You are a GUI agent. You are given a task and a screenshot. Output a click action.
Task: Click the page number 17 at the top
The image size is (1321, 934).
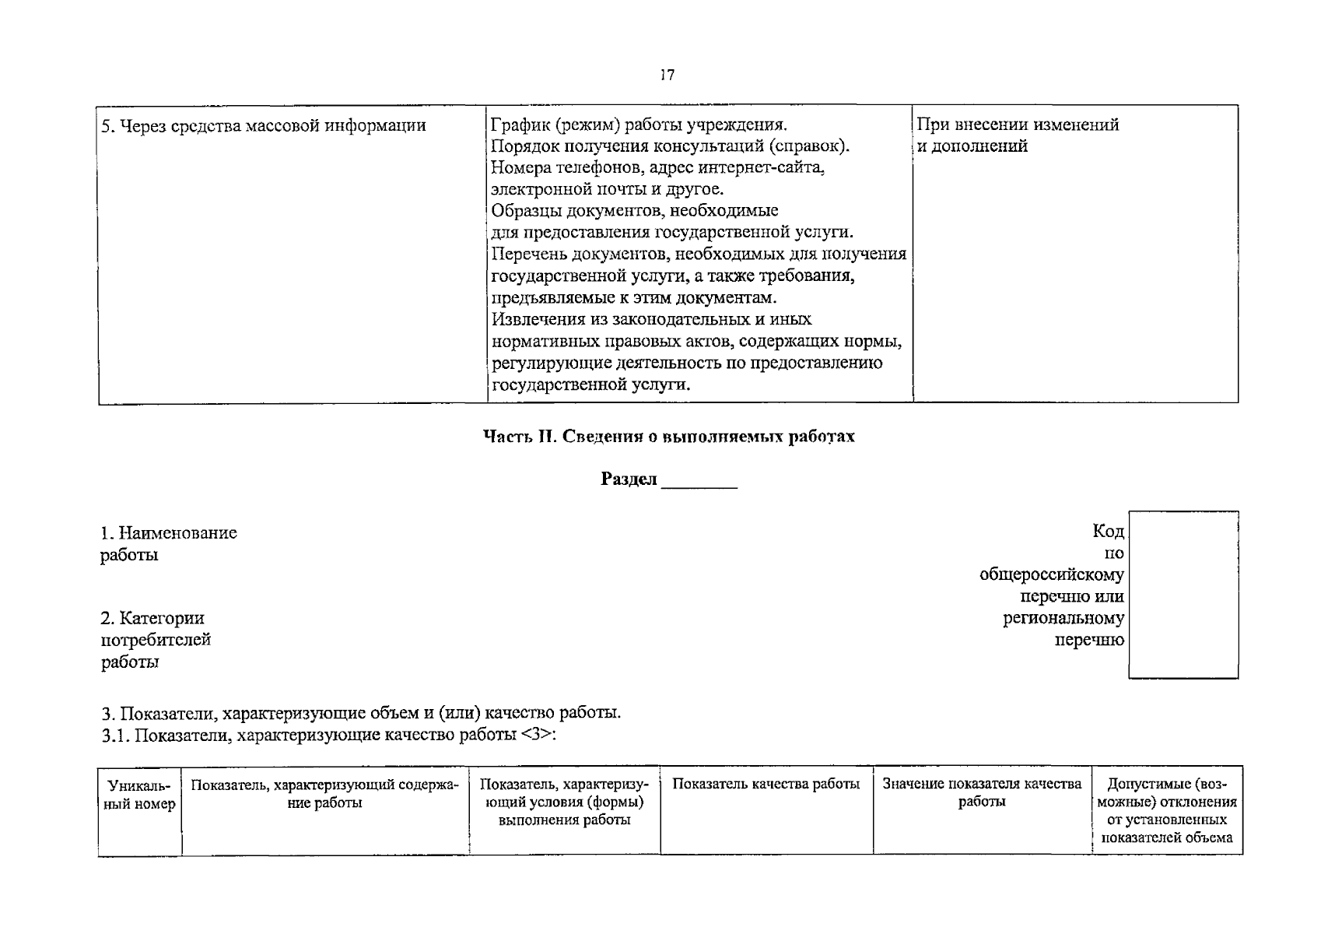coord(667,75)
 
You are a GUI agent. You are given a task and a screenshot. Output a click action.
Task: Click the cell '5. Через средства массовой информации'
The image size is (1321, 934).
coord(264,125)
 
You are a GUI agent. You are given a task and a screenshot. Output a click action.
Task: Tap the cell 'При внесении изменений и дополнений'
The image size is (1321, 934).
coord(1018,135)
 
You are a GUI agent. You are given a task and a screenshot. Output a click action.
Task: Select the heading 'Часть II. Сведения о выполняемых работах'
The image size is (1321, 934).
coord(668,436)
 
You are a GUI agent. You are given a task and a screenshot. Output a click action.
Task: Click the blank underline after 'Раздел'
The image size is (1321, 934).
coord(699,481)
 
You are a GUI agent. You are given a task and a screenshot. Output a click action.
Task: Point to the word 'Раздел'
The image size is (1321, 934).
coord(629,479)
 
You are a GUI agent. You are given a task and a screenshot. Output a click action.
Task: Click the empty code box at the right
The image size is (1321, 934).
coord(1183,595)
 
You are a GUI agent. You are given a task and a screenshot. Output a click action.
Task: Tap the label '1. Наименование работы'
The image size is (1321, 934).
coord(168,543)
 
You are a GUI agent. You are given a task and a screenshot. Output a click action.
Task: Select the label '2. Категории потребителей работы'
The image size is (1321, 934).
coord(156,640)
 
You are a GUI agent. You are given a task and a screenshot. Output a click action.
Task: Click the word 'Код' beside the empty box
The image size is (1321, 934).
coord(1108,532)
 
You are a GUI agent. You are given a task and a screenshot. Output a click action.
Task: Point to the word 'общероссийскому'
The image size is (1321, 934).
coord(1051,575)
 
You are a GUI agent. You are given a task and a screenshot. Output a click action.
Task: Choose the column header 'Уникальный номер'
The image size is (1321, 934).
coord(139,794)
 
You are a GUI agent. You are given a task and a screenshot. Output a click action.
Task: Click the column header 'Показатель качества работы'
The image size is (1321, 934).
coord(766,785)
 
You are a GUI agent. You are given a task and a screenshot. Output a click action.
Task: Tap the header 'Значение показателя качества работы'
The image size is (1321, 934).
coord(982,792)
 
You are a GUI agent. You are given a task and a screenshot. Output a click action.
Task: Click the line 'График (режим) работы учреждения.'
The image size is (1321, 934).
coord(639,125)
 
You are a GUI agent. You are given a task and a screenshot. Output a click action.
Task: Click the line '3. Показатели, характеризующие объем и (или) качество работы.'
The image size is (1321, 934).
coord(361,713)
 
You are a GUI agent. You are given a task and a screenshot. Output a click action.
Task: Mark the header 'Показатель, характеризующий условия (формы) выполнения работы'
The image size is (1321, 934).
coord(564,802)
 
